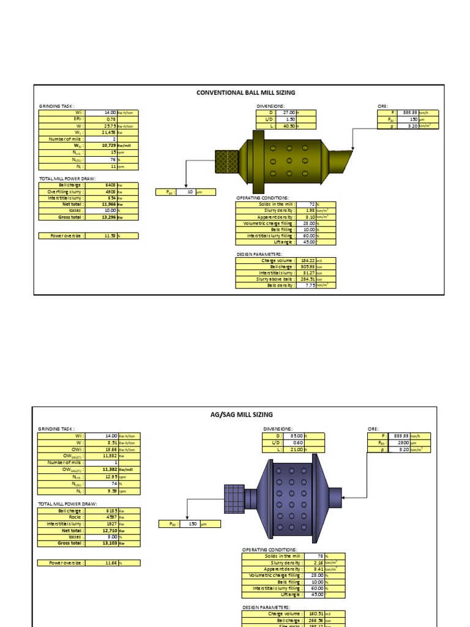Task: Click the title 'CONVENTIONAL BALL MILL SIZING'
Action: coord(245,92)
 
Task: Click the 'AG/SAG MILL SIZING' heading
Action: coord(241,415)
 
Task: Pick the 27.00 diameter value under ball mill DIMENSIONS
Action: coord(289,113)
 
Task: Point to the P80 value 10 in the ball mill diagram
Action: coord(190,192)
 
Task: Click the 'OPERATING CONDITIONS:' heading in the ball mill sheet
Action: coord(262,198)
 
